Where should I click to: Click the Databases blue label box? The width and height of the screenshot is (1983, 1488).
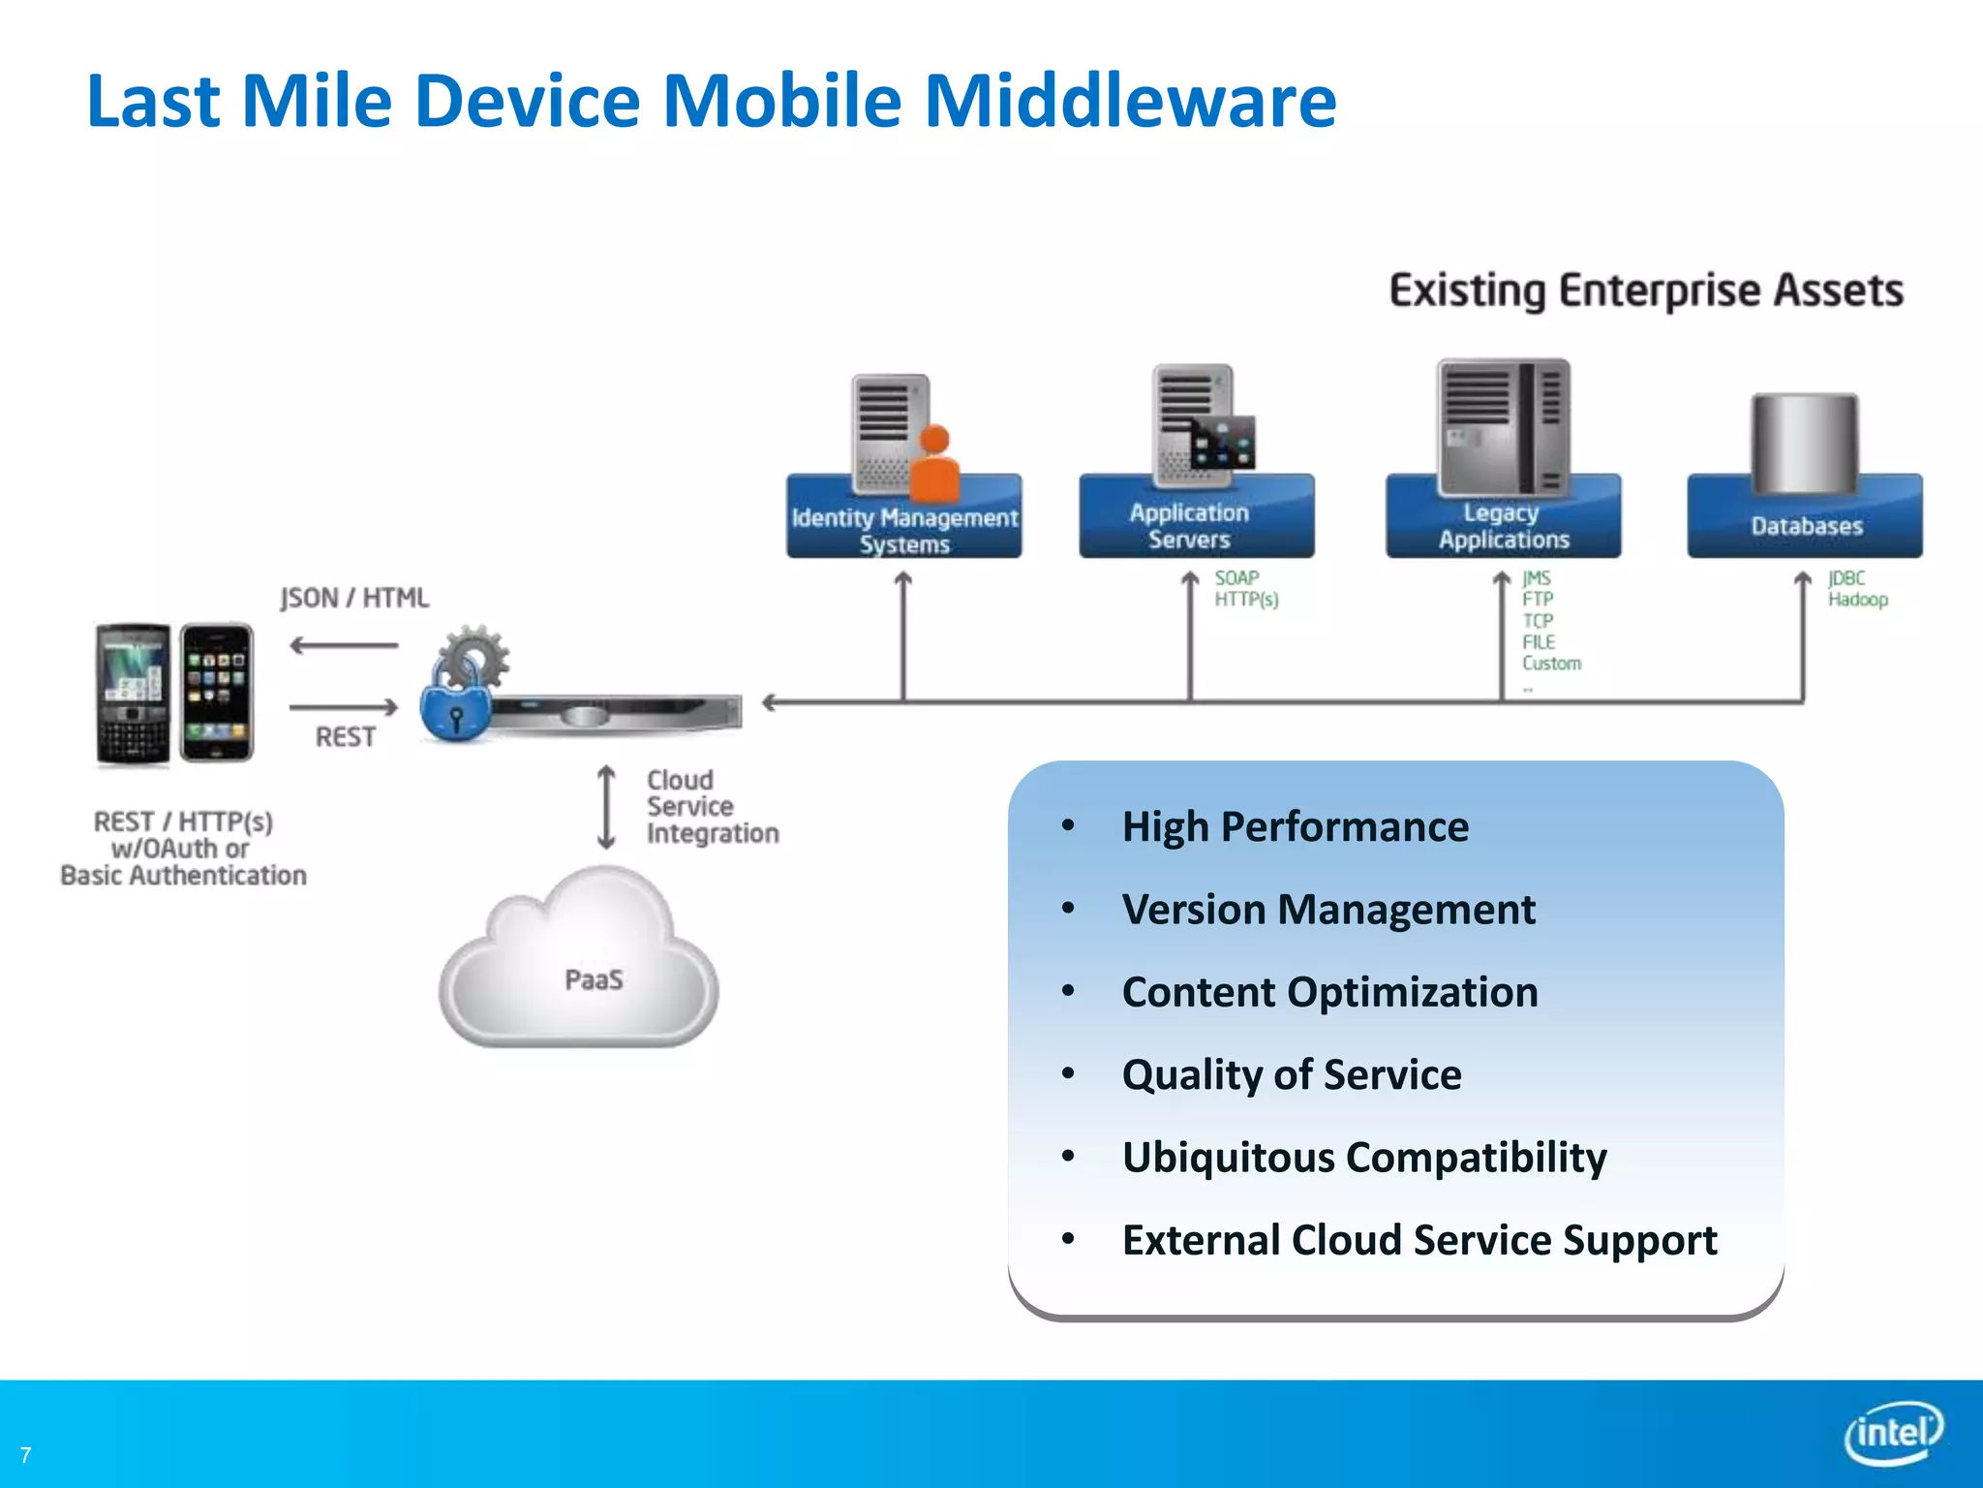[x=1805, y=526]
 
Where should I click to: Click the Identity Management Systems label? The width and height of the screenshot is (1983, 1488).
[x=903, y=529]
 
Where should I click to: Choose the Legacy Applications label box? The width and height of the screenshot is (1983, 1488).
[x=1503, y=526]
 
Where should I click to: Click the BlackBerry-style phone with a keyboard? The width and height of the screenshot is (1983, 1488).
[x=133, y=694]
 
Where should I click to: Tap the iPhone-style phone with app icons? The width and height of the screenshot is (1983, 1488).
[x=217, y=692]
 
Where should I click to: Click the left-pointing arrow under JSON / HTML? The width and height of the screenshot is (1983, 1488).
[x=343, y=645]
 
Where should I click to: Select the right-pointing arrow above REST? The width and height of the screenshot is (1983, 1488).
[x=343, y=707]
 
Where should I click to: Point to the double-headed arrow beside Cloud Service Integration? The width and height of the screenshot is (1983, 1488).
[x=607, y=807]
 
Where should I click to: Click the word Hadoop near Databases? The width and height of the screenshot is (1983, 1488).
[x=1857, y=600]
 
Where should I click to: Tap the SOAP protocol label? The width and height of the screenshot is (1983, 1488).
[x=1236, y=577]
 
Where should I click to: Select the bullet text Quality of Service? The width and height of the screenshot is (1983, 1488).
[x=1291, y=1074]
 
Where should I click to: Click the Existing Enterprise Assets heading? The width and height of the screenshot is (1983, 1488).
[x=1646, y=291]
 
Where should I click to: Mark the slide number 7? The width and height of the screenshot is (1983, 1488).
[x=26, y=1455]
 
